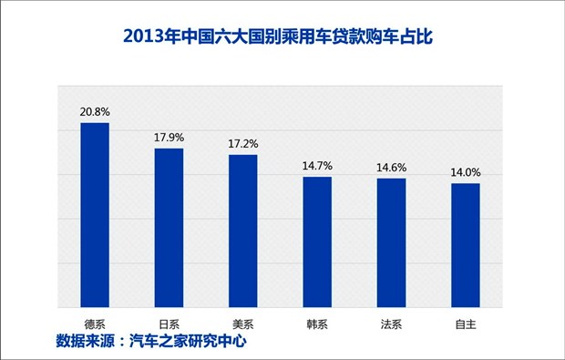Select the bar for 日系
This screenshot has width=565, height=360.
pos(169,228)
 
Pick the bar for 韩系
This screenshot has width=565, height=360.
pos(317,242)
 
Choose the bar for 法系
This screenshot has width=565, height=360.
pos(392,242)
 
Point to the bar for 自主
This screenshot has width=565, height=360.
pos(466,245)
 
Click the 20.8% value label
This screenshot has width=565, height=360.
pos(95,112)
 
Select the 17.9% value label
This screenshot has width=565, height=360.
pos(169,138)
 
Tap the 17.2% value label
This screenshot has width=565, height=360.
pos(243,144)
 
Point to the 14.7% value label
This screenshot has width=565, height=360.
pos(317,166)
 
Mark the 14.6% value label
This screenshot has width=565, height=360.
pos(392,168)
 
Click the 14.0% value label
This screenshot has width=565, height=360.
pos(466,172)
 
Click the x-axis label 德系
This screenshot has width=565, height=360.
pos(95,323)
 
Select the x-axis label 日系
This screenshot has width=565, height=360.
pos(169,323)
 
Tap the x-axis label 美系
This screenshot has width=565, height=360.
pos(243,323)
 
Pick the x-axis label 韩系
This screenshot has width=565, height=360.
pos(317,323)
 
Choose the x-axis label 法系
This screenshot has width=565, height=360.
pos(392,323)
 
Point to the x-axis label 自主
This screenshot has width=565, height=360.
pos(466,323)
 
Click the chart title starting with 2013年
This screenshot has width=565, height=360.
pos(282,38)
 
